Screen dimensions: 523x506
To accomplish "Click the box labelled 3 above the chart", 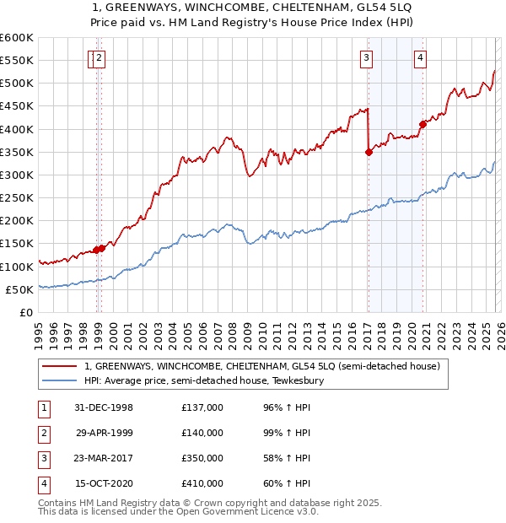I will tap(367, 58).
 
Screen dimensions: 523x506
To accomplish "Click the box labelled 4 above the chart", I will tap(420, 58).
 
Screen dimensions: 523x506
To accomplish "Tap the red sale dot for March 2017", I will tap(369, 153).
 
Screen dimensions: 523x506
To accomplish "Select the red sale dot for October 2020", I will tap(423, 125).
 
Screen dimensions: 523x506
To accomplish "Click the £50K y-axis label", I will tap(19, 289).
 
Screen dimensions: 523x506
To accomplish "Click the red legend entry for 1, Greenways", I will tap(262, 367).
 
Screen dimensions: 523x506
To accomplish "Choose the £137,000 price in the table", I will tap(202, 407).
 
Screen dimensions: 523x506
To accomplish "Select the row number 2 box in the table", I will tap(42, 433).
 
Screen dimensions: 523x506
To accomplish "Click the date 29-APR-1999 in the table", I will tap(104, 433).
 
